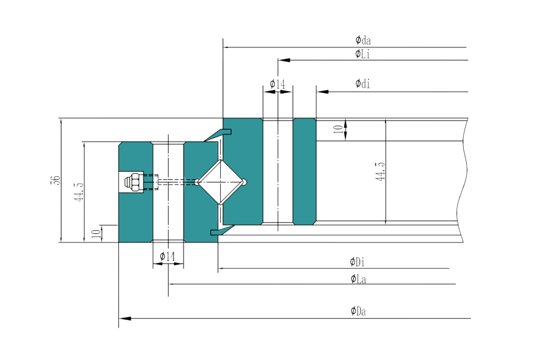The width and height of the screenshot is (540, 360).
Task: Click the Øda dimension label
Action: [x=362, y=41]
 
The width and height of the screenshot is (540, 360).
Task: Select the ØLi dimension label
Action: [x=362, y=54]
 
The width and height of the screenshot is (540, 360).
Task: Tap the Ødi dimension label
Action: [x=362, y=83]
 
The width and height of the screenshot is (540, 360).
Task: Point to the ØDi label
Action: [x=357, y=262]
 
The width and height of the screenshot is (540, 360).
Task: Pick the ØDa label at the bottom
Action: [x=358, y=311]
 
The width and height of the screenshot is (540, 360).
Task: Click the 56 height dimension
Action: [x=54, y=180]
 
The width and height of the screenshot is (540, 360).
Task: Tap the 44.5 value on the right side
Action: [x=379, y=171]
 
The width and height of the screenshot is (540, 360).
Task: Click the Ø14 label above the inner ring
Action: [x=277, y=84]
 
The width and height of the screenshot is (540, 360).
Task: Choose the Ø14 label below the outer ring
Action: [x=167, y=257]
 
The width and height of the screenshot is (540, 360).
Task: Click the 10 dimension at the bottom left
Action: [x=95, y=233]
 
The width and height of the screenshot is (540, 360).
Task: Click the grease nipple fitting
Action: [x=135, y=181]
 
